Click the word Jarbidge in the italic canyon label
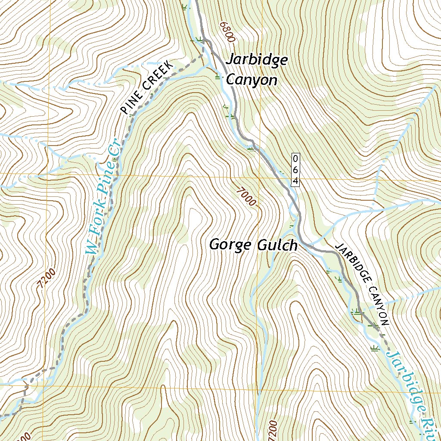[256, 60]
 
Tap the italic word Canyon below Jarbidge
[252, 80]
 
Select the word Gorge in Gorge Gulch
[230, 245]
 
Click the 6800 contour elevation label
[227, 31]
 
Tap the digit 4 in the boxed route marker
[295, 181]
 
